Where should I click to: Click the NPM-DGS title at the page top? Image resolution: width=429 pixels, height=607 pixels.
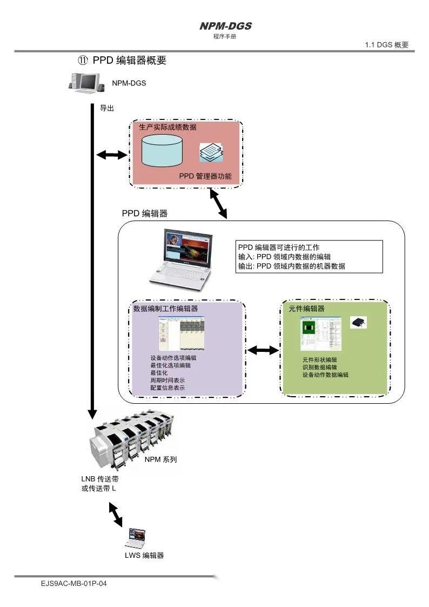pyautogui.click(x=225, y=26)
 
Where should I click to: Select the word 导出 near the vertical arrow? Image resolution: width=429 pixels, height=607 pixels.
pyautogui.click(x=107, y=108)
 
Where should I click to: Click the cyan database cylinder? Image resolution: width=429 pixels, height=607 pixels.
pyautogui.click(x=162, y=150)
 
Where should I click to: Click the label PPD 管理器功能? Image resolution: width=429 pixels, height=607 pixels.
pyautogui.click(x=206, y=176)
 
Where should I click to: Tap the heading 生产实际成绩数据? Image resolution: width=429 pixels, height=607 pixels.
pyautogui.click(x=168, y=128)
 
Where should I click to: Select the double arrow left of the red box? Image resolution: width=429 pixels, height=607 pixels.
pyautogui.click(x=111, y=155)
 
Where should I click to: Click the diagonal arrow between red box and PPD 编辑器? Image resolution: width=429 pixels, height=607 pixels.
pyautogui.click(x=218, y=204)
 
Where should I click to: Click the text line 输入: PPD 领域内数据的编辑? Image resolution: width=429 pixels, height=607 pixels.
pyautogui.click(x=284, y=257)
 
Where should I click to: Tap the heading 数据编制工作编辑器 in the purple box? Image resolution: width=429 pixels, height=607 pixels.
pyautogui.click(x=165, y=309)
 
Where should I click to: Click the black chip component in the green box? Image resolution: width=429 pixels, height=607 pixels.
pyautogui.click(x=358, y=322)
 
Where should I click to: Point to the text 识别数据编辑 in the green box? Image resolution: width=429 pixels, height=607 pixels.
pyautogui.click(x=319, y=367)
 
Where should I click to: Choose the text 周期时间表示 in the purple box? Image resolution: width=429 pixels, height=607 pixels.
pyautogui.click(x=167, y=381)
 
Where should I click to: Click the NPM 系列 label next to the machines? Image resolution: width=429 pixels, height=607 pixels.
pyautogui.click(x=160, y=459)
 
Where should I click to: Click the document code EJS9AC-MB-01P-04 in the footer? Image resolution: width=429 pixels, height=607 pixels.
pyautogui.click(x=73, y=584)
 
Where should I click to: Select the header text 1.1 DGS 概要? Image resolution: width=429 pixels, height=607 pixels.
pyautogui.click(x=387, y=45)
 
